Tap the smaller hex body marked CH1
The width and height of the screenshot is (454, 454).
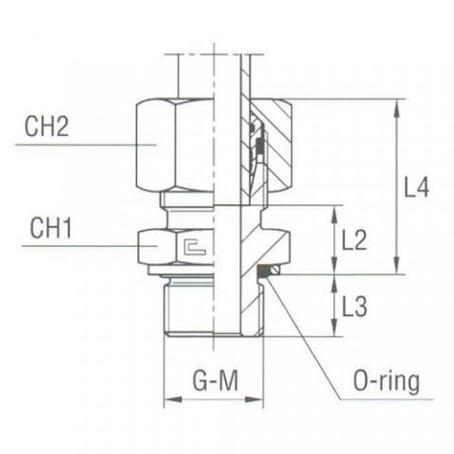[x=184, y=248]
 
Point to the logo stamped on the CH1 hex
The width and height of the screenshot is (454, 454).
[x=196, y=249]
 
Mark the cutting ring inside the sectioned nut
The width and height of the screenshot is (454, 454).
[x=253, y=142]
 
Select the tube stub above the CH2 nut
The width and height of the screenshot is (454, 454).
[x=213, y=76]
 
